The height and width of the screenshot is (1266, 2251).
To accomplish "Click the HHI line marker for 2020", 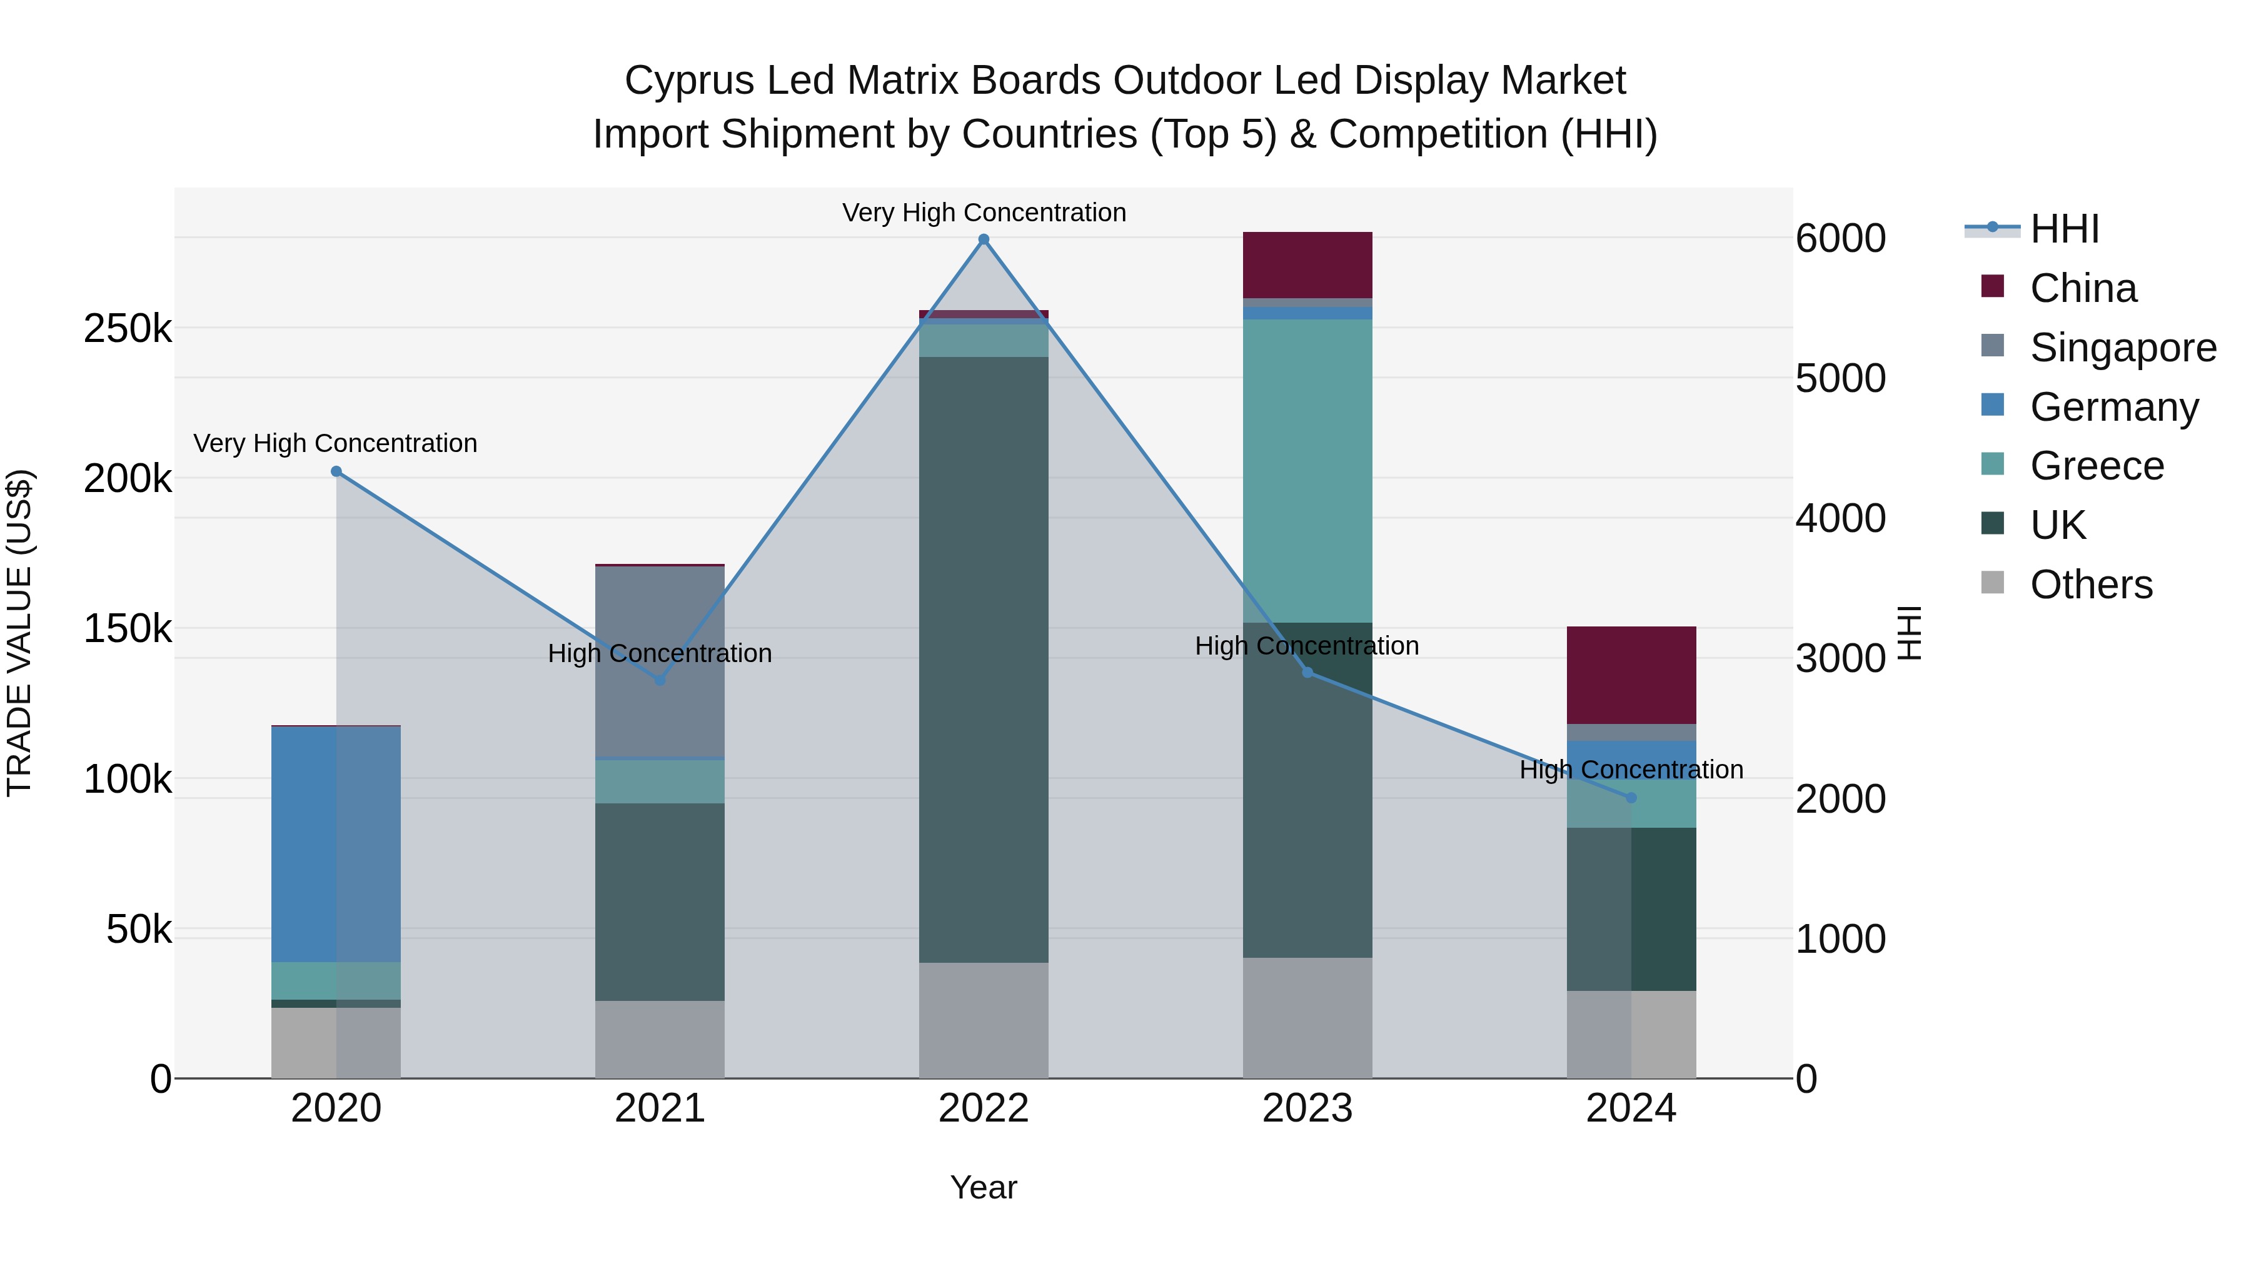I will [336, 472].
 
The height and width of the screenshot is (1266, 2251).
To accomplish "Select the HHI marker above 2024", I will [1631, 798].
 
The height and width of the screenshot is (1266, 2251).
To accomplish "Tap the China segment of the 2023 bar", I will [1307, 266].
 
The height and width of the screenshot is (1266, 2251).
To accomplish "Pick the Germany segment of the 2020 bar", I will [336, 844].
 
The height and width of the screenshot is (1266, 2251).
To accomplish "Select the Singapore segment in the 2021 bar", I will [660, 661].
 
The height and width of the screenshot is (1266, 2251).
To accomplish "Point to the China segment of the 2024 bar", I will [1631, 675].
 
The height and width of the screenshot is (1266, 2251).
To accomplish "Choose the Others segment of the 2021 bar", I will [660, 1039].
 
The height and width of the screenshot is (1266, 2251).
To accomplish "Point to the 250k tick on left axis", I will [128, 329].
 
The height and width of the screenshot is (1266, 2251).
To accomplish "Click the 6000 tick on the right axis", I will [1840, 239].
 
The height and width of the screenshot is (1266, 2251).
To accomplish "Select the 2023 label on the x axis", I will [1307, 1108].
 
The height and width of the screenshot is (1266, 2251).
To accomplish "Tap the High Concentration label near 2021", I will [660, 653].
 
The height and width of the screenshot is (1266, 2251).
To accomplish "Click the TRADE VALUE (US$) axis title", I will [19, 633].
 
